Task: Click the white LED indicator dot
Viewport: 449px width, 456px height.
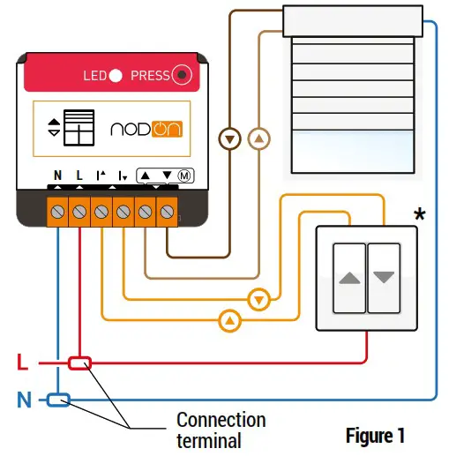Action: pyautogui.click(x=116, y=76)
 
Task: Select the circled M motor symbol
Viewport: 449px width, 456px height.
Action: pyautogui.click(x=184, y=175)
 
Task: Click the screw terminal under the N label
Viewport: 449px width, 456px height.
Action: pyautogui.click(x=58, y=212)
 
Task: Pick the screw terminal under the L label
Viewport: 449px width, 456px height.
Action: pyautogui.click(x=79, y=212)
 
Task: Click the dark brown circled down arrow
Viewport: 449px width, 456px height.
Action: pyautogui.click(x=229, y=138)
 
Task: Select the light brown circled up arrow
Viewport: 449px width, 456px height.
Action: pyautogui.click(x=258, y=138)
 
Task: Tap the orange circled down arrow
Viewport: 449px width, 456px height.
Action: pyautogui.click(x=258, y=300)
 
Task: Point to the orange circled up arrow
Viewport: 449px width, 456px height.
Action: pyautogui.click(x=228, y=319)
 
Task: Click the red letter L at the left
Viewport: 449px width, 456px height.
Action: pyautogui.click(x=24, y=363)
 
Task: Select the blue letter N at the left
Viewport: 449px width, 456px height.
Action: pyautogui.click(x=24, y=400)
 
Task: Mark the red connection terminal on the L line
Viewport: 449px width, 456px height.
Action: pyautogui.click(x=80, y=363)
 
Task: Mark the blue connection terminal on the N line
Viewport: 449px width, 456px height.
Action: pyautogui.click(x=59, y=400)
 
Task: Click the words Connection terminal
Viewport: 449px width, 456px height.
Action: pyautogui.click(x=220, y=430)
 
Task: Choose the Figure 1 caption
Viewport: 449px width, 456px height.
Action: pyautogui.click(x=375, y=435)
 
